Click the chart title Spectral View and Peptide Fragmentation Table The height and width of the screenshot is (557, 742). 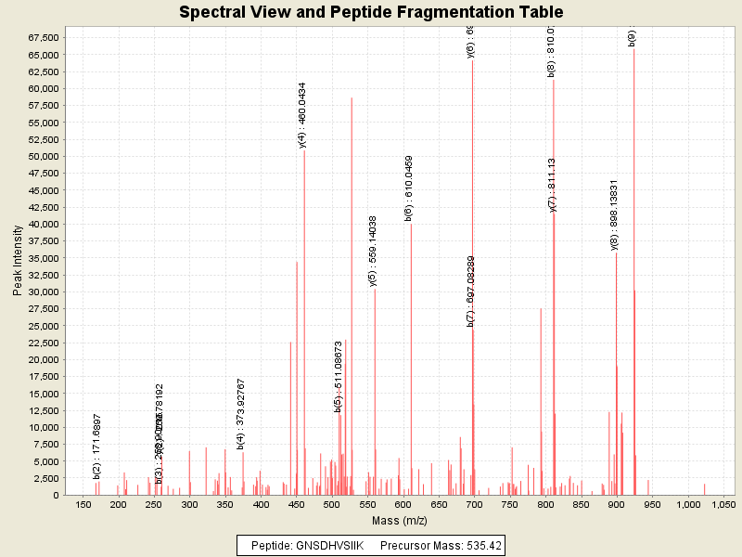coord(371,12)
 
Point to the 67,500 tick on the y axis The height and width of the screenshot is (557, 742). coord(45,37)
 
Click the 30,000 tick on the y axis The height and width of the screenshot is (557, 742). coord(45,291)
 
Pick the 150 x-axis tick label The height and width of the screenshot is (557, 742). coord(83,504)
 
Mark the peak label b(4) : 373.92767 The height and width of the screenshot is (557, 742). coord(241,414)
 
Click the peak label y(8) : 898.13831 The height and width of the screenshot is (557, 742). coord(614,214)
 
